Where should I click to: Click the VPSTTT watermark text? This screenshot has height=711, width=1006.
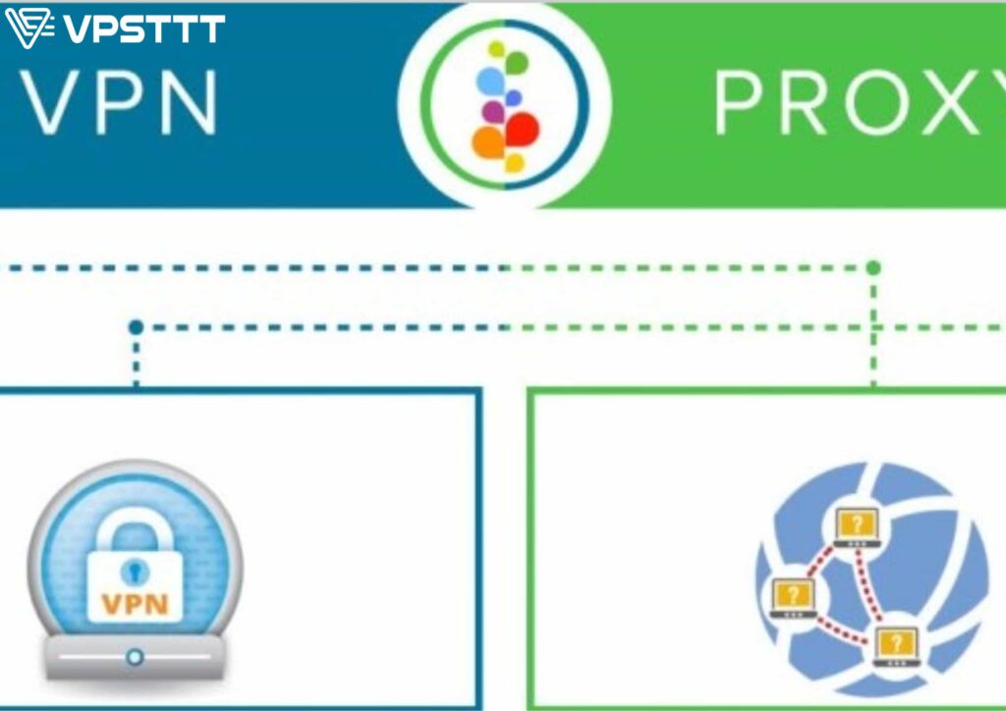pos(145,28)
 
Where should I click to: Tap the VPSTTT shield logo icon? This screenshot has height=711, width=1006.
pos(29,28)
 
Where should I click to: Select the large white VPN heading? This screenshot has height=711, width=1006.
pos(119,102)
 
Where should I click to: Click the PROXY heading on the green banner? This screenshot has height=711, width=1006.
pos(860,102)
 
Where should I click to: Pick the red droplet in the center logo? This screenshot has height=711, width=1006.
pos(523,131)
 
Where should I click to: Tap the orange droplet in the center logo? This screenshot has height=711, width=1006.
pos(489,142)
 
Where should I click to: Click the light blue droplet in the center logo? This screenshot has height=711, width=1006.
pos(491,82)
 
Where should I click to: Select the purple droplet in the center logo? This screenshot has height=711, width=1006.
pos(493,112)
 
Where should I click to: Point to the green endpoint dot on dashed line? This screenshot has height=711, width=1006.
pos(873,267)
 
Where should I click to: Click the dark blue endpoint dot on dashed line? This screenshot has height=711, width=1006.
pos(136,328)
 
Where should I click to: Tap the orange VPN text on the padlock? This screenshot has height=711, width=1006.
pos(136,604)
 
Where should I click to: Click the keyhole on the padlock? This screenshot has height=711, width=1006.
pos(135,572)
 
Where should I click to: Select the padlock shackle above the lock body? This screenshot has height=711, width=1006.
pos(135,529)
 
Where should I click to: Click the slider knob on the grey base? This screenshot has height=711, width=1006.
pos(135,657)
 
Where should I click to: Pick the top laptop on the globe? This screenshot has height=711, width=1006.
pos(857,527)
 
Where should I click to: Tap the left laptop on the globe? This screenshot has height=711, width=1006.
pos(794,597)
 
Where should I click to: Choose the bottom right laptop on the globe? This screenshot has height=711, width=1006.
pos(896,646)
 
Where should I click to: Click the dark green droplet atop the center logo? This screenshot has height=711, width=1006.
pos(517,63)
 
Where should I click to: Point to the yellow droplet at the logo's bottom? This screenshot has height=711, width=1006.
pos(514,163)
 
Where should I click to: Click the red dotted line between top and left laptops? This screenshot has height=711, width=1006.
pos(820,562)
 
